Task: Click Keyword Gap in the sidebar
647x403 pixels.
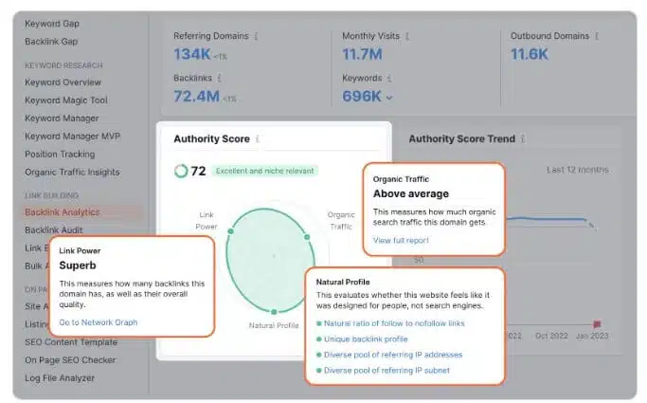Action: [52, 24]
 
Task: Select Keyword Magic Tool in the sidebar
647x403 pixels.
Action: [66, 101]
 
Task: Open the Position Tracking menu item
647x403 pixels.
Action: [60, 155]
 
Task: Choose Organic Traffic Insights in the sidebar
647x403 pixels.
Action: [72, 173]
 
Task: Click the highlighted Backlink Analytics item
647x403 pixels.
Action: [62, 212]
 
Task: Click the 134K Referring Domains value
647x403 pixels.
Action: [192, 54]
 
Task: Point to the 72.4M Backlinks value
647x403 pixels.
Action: [197, 96]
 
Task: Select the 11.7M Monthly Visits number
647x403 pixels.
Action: [363, 54]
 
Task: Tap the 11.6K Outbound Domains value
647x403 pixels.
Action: [530, 54]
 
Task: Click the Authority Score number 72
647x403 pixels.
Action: [198, 172]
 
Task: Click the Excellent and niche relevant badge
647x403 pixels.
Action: [264, 172]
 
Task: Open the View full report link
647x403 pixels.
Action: [401, 241]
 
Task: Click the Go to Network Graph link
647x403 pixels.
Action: [98, 322]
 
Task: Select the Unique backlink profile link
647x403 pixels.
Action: [366, 339]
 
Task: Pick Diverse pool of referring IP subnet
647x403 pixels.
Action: [386, 370]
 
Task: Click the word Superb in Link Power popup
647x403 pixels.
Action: [79, 266]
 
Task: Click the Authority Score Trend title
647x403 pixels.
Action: [461, 139]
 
